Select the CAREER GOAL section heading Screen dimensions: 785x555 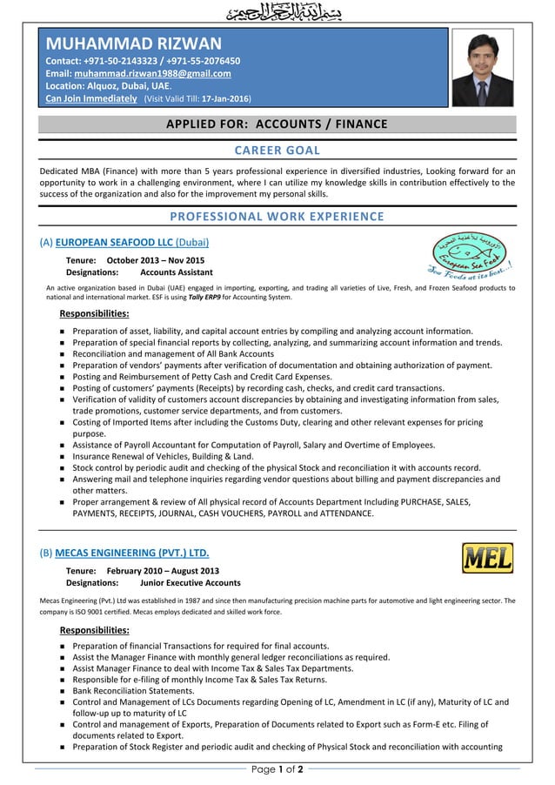pyautogui.click(x=277, y=151)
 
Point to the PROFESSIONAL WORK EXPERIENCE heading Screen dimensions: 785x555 pyautogui.click(x=277, y=216)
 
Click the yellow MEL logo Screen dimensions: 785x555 pyautogui.click(x=486, y=558)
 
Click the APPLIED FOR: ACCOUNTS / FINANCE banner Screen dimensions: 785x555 pyautogui.click(x=277, y=124)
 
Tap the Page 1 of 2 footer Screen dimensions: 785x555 pyautogui.click(x=277, y=769)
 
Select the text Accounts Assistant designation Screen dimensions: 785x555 pyautogui.click(x=177, y=272)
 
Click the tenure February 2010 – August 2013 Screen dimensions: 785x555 pyautogui.click(x=163, y=570)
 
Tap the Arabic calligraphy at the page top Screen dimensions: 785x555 pyautogui.click(x=277, y=13)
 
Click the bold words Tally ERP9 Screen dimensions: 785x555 pyautogui.click(x=199, y=297)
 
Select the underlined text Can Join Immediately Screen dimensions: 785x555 pyautogui.click(x=91, y=99)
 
